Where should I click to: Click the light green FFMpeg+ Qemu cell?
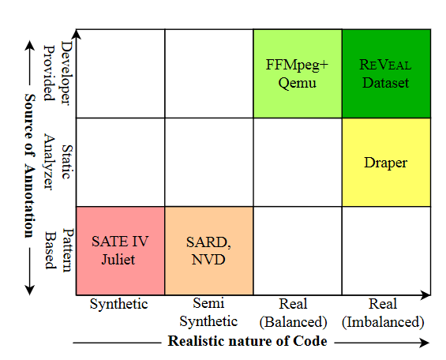[297, 73]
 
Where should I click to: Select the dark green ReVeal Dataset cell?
[386, 73]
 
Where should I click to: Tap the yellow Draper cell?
[386, 162]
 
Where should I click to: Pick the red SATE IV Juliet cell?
[120, 249]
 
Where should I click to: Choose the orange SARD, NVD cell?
[208, 249]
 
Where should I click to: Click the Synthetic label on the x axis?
[119, 304]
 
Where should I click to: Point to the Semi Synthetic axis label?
[208, 312]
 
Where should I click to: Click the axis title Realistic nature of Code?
[247, 341]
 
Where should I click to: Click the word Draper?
[386, 163]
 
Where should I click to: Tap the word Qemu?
[297, 81]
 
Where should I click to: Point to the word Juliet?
[119, 258]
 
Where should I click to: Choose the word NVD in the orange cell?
[208, 258]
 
